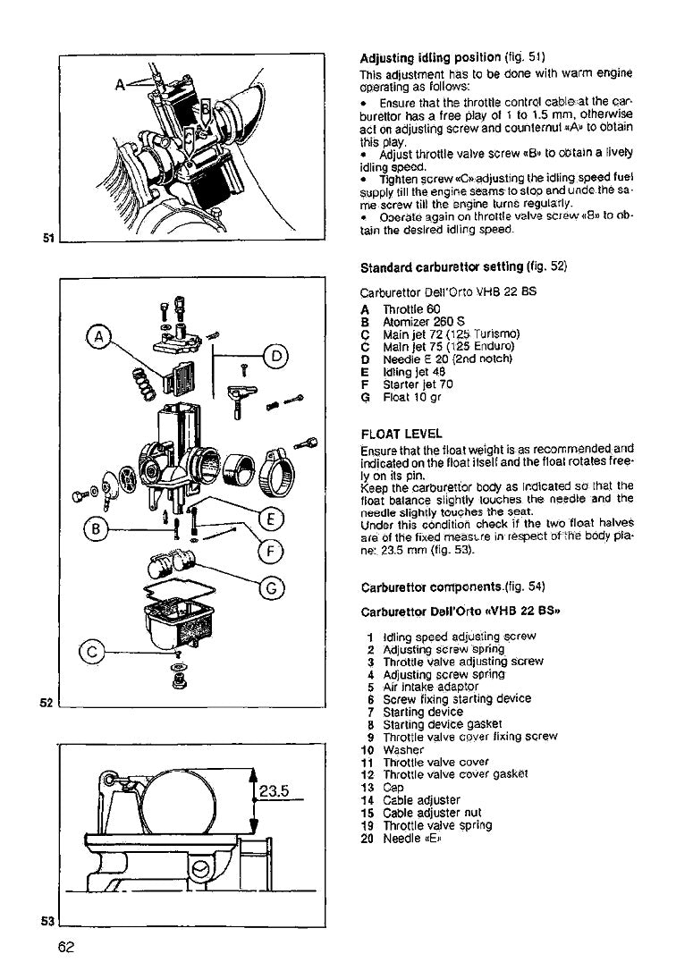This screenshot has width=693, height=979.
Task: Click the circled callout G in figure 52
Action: [272, 587]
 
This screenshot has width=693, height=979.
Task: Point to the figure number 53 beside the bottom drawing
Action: [51, 920]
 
